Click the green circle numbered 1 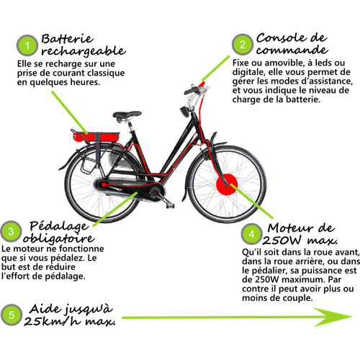(x=27, y=45)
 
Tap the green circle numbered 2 (x=243, y=45)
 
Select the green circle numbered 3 (x=11, y=231)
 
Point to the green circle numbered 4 (x=251, y=234)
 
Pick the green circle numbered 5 (x=12, y=315)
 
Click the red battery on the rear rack (x=96, y=137)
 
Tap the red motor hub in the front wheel (x=227, y=184)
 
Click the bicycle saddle (x=127, y=115)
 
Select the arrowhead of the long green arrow (x=333, y=317)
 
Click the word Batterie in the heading (x=68, y=39)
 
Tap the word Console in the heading (x=281, y=38)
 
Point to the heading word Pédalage (x=59, y=226)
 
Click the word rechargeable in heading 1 (x=84, y=51)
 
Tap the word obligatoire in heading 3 (x=59, y=238)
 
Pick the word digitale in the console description (x=248, y=72)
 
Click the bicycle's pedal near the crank (x=170, y=205)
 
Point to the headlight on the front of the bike (x=185, y=112)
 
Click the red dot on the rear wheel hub (x=104, y=184)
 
